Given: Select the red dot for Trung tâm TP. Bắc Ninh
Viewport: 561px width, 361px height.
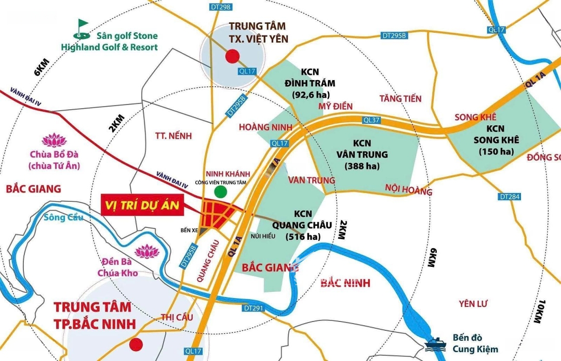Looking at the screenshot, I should point(136,344).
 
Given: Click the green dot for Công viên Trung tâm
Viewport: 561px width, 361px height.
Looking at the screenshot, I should point(221,191).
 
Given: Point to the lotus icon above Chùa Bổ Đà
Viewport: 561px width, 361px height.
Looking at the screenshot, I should point(54,140).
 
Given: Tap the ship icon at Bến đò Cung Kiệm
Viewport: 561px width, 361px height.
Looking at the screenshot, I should point(433,343).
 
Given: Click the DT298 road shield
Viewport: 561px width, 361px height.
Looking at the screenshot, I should point(222,7).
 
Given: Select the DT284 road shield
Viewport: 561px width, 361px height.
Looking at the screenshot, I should point(509,197).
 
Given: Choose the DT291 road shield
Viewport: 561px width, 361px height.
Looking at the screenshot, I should point(253,308).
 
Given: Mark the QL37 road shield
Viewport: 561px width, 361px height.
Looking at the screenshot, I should point(372,120).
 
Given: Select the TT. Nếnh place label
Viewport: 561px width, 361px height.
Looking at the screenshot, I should point(173,136).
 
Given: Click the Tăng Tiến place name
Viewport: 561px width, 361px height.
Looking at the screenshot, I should point(400,98).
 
